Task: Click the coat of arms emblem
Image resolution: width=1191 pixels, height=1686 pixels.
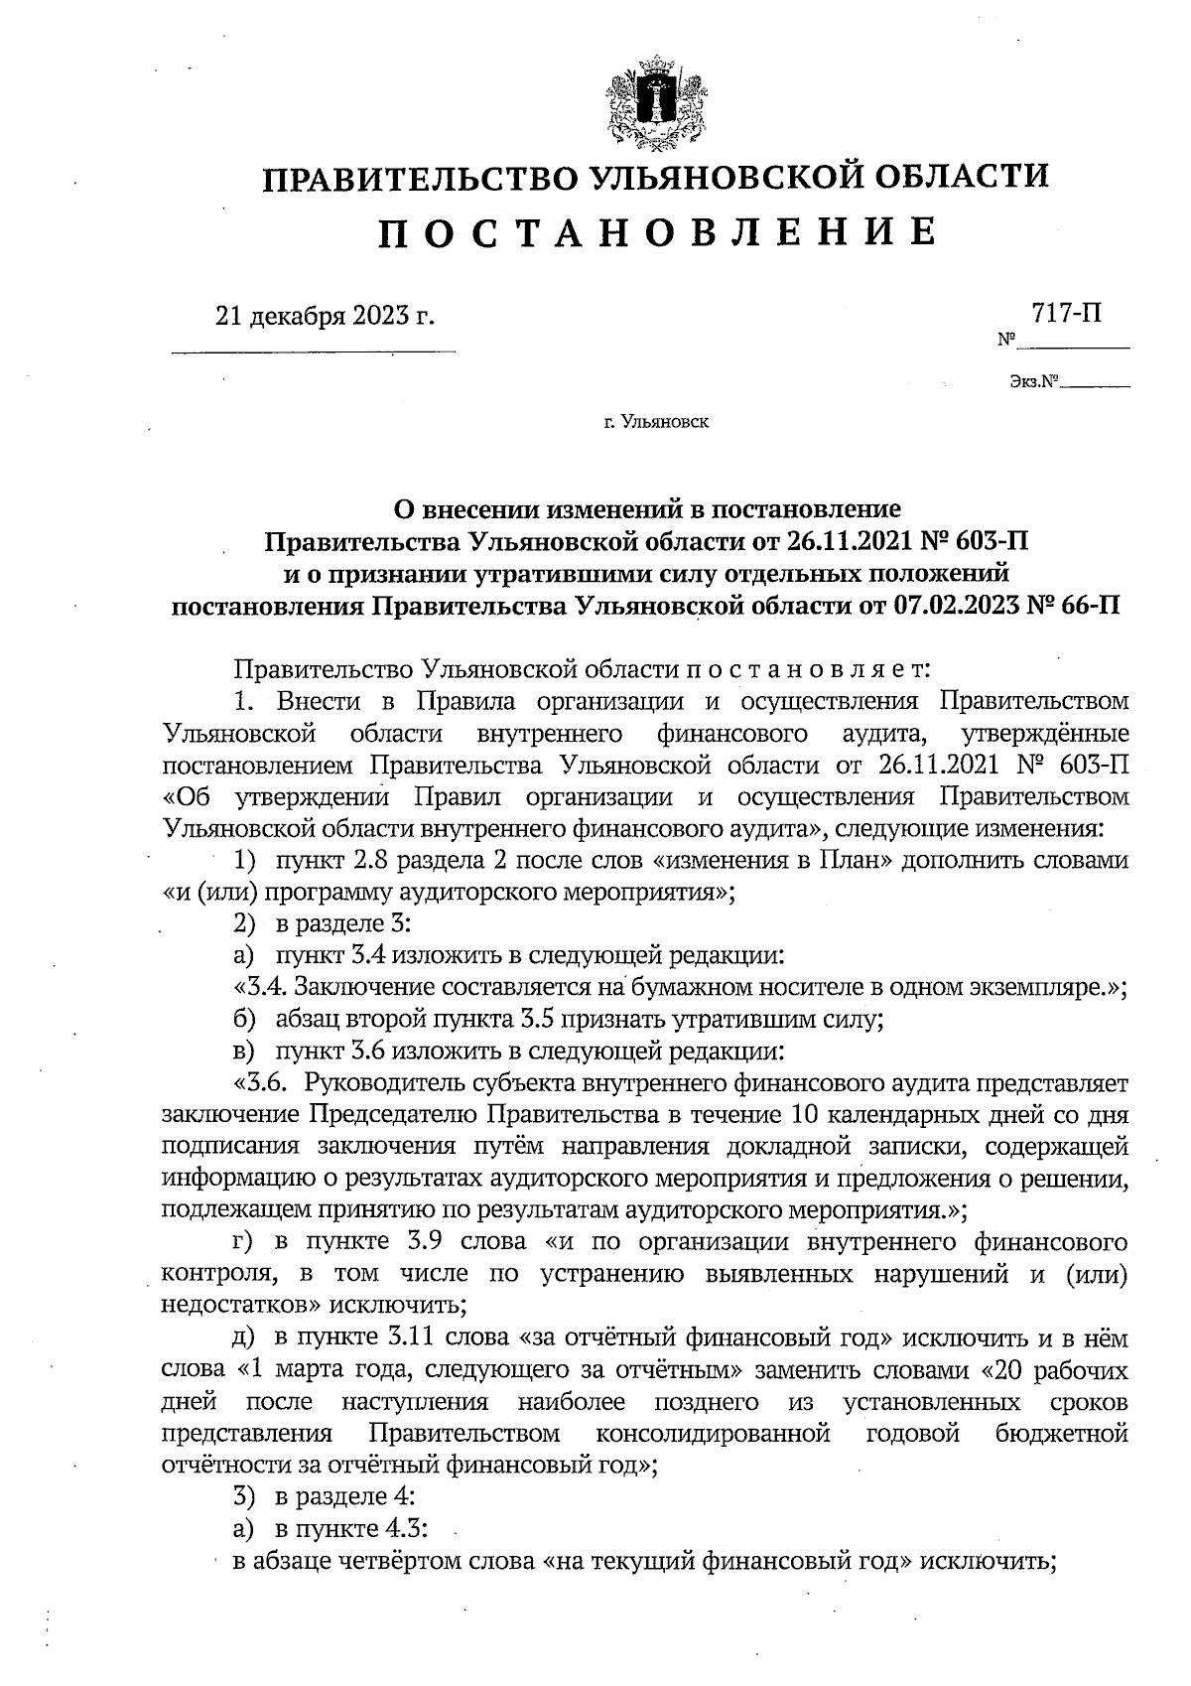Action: (x=654, y=105)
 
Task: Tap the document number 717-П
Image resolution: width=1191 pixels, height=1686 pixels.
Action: (x=1066, y=314)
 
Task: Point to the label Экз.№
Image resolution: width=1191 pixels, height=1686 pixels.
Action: (x=1033, y=381)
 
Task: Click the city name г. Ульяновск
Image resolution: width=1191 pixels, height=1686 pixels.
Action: (x=655, y=422)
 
